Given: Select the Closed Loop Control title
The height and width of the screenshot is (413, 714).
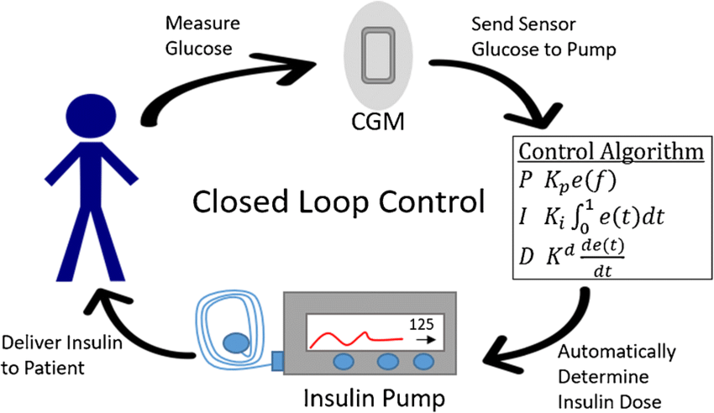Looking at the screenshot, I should pos(339,202).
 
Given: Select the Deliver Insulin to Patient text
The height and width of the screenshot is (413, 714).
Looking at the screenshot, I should pos(64,355).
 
